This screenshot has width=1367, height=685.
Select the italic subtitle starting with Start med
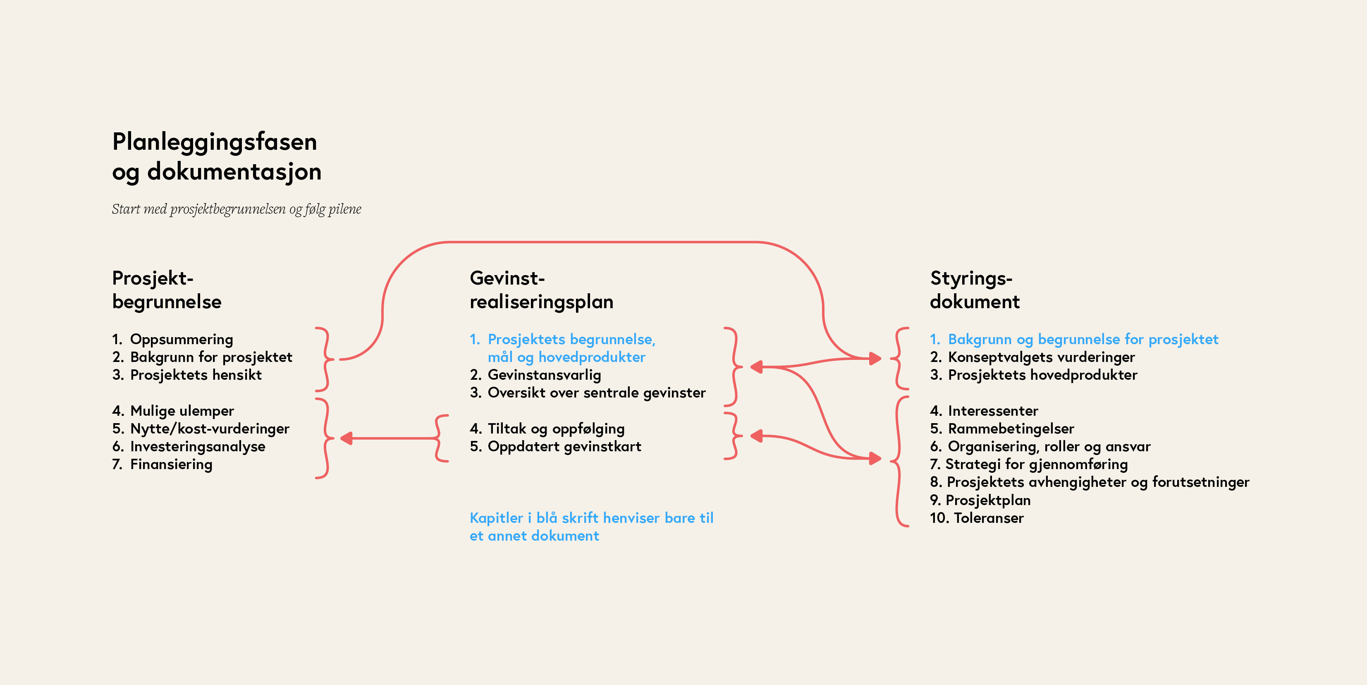[236, 209]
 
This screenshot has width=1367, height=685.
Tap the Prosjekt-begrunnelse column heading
[167, 290]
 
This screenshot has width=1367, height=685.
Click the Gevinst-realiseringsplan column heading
[541, 290]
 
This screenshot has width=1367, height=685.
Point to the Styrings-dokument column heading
[975, 290]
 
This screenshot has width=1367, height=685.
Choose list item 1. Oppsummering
[172, 339]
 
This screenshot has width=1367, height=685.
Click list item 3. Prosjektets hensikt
[187, 375]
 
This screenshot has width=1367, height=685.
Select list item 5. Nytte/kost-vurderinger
[201, 429]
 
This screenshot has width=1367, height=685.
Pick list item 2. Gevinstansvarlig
[535, 375]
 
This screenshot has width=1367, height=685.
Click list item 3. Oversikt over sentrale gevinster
[588, 393]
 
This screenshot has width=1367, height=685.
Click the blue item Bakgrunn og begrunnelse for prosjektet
[1074, 339]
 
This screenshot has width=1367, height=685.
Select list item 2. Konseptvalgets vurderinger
[1032, 357]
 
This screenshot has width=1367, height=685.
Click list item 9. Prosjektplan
[980, 500]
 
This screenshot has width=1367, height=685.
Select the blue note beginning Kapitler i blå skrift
[591, 527]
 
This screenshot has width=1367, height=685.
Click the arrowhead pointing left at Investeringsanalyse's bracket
[347, 438]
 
